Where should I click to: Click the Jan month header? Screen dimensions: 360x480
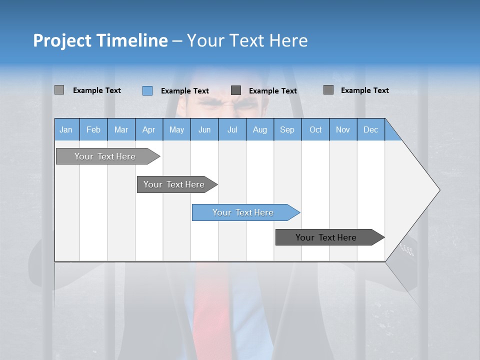point(66,129)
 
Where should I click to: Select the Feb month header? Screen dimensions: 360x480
point(93,129)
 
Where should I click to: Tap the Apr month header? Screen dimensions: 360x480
point(148,129)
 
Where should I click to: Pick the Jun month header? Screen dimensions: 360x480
point(204,129)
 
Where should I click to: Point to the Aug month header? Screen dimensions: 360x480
point(259,129)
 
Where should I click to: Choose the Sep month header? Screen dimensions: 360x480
point(287,129)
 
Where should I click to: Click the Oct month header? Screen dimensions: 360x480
point(315,129)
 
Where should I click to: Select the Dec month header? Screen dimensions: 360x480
point(370,129)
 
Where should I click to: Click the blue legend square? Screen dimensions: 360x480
point(147,90)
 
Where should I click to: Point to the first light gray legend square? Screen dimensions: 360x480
point(59,90)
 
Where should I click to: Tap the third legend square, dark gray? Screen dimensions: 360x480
point(236,90)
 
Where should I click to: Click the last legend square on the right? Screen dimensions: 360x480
point(328,90)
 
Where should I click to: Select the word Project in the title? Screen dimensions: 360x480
point(61,40)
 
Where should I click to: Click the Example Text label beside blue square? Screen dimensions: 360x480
point(184,91)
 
